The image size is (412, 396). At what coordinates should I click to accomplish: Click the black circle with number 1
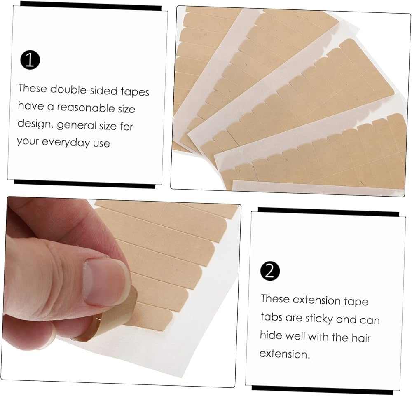30,60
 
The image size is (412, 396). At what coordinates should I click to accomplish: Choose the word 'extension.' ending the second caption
284,354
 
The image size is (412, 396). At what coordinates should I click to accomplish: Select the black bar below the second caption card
325,388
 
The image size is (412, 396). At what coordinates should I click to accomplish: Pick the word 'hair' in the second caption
361,338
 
